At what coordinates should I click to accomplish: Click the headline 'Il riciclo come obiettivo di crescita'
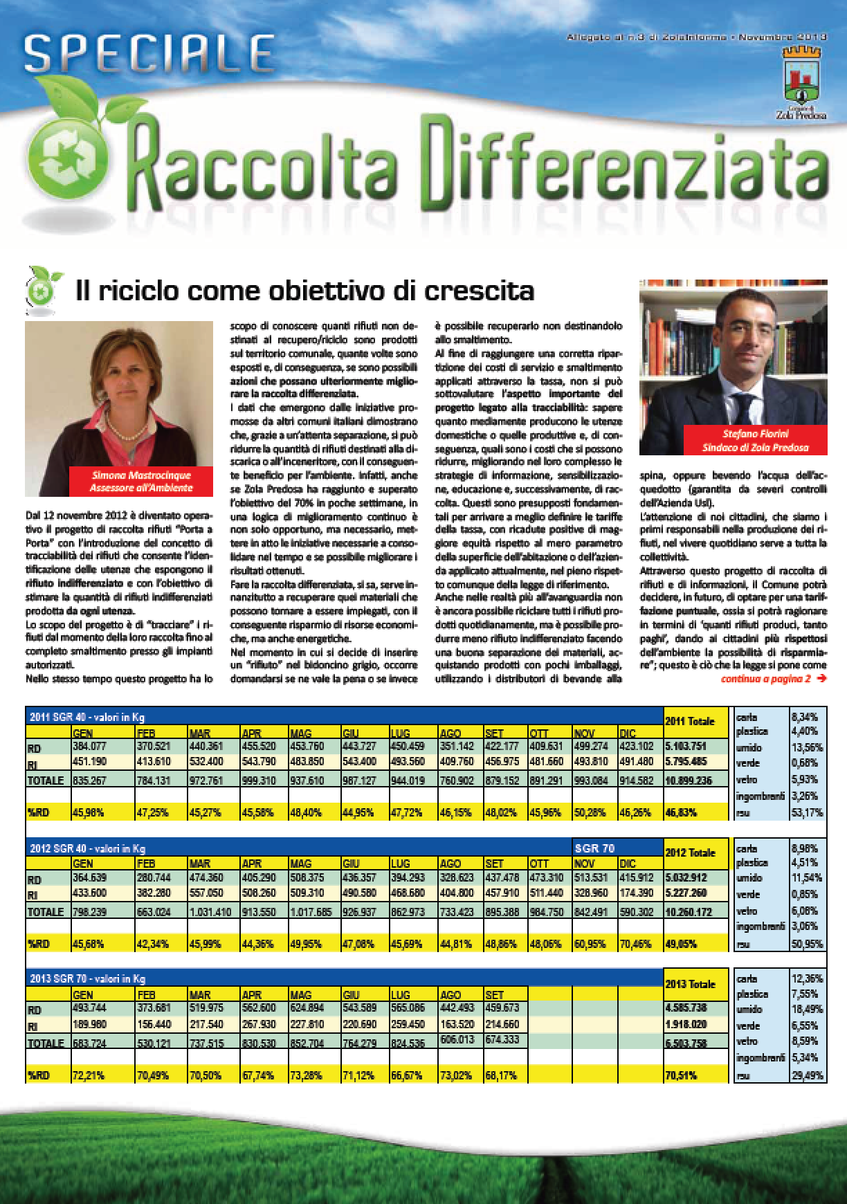click(x=304, y=290)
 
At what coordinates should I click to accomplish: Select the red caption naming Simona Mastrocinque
click(x=141, y=482)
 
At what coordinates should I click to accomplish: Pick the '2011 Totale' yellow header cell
click(x=689, y=721)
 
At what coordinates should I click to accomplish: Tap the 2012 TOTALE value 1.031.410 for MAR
click(x=210, y=911)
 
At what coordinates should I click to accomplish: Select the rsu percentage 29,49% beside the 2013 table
click(x=807, y=1075)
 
